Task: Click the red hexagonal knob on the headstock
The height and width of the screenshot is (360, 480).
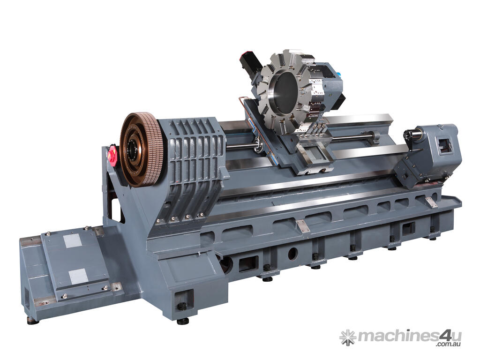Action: point(112,155)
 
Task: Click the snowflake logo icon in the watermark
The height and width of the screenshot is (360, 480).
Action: point(348,337)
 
